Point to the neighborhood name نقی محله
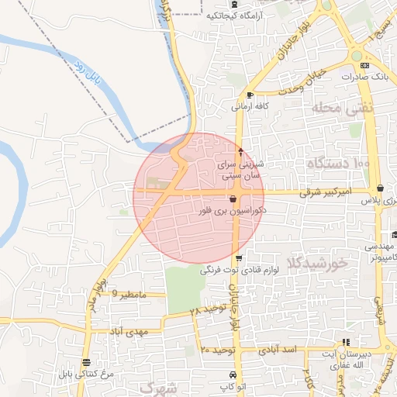point(342,108)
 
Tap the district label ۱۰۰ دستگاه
point(339,164)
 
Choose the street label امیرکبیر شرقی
point(325,190)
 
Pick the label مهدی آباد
point(128,331)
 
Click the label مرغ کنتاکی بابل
point(85,374)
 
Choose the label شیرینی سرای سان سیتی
point(242,171)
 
